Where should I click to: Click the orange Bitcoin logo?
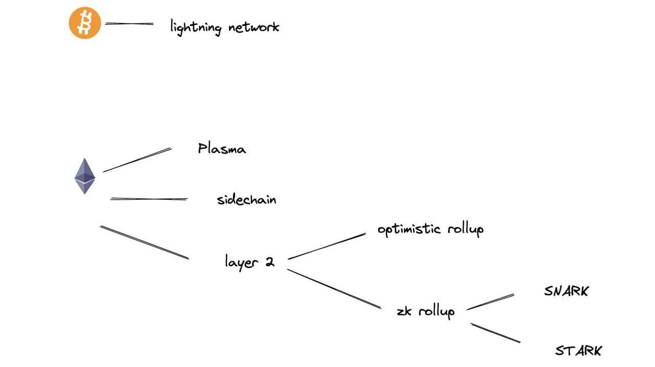(85, 23)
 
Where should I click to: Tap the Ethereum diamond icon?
(85, 176)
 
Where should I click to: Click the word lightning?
(195, 27)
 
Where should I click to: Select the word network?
(254, 27)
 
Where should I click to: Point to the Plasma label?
(222, 149)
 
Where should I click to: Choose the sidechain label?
(246, 199)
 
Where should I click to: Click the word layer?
(241, 262)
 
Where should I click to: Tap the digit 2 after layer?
(269, 262)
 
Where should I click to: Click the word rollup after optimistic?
(465, 230)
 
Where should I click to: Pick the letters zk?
(404, 311)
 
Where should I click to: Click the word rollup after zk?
(436, 311)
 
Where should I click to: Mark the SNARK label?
(566, 291)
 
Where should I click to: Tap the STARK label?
(578, 351)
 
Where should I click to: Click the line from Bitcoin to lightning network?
(129, 24)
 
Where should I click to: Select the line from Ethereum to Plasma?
(137, 160)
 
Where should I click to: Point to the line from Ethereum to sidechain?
(149, 199)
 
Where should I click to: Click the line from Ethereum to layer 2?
(144, 242)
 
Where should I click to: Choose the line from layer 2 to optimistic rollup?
(327, 246)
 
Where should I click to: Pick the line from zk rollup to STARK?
(495, 333)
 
